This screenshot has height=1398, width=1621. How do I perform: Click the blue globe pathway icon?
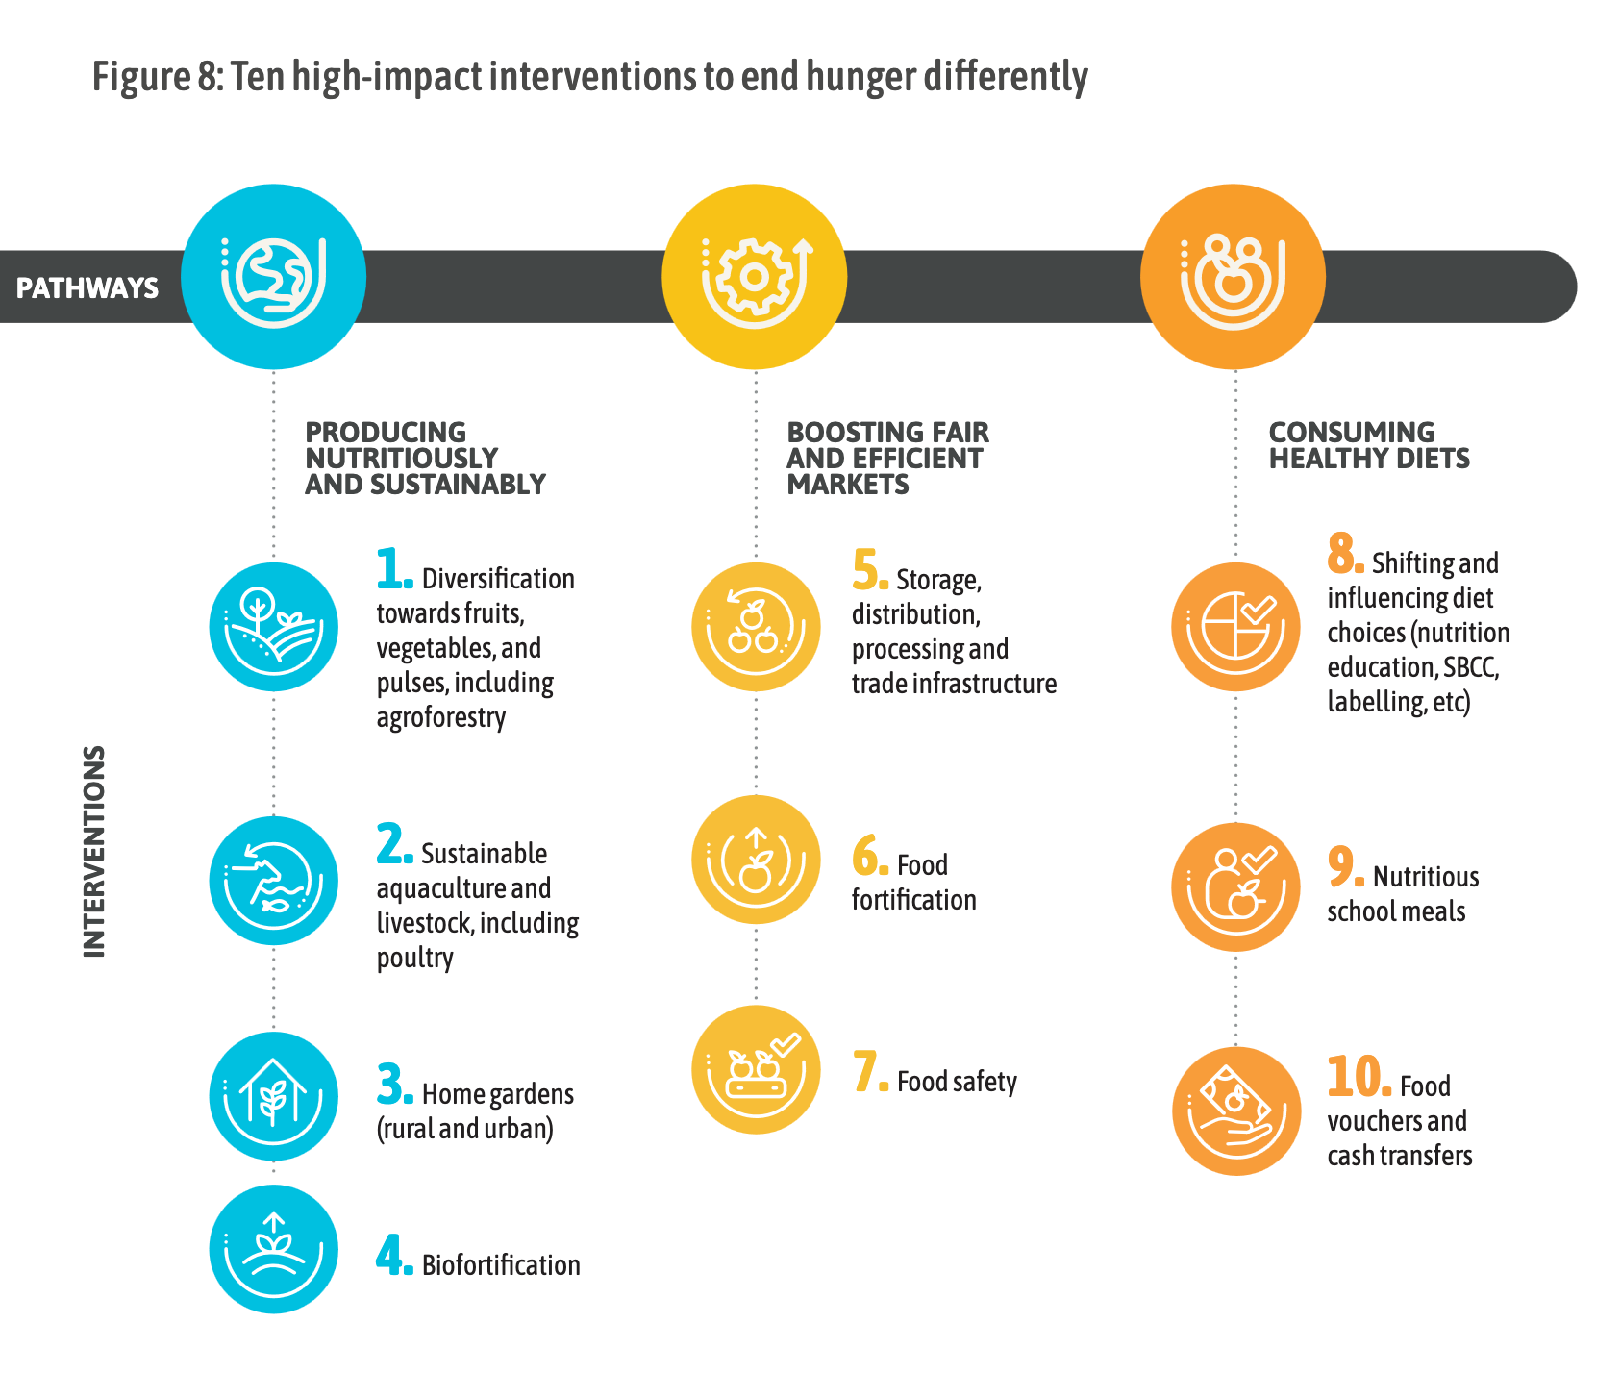click(274, 277)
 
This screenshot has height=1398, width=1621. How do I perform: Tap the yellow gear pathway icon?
click(755, 277)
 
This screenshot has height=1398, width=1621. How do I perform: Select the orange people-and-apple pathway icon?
click(1234, 277)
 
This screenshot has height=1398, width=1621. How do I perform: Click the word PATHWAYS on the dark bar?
click(87, 287)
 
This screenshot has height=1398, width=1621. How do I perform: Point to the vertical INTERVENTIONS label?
click(93, 852)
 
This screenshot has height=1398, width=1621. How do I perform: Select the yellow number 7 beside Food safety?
click(870, 1072)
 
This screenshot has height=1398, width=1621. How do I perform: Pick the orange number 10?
click(1359, 1076)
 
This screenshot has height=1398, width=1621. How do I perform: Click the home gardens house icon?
click(274, 1097)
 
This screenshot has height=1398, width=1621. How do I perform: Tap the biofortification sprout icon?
click(274, 1249)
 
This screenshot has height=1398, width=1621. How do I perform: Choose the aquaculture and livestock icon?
click(274, 881)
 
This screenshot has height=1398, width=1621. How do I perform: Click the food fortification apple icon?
click(756, 860)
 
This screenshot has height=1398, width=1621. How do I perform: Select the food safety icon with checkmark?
click(756, 1070)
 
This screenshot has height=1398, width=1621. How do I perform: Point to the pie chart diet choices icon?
click(1235, 627)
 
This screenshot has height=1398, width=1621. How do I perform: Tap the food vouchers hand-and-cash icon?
click(1236, 1111)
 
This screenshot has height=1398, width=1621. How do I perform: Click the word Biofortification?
click(501, 1264)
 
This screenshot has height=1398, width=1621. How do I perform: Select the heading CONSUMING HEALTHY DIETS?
click(1369, 445)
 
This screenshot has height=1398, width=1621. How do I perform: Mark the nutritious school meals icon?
click(1235, 887)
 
